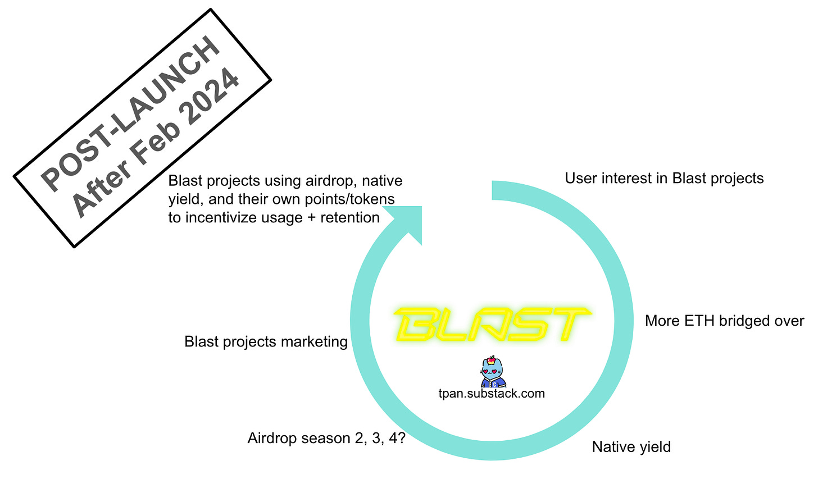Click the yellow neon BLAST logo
coord(492,324)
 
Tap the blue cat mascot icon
coord(493,371)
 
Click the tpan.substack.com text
coord(492,394)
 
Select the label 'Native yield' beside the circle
coord(631,447)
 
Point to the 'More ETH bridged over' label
coord(725,321)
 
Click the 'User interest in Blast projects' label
coord(664,178)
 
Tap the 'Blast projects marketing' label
coord(266,342)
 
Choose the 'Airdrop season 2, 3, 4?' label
coord(327,438)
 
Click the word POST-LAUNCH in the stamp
coord(130,113)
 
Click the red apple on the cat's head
coord(491,360)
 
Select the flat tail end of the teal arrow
coord(492,190)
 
